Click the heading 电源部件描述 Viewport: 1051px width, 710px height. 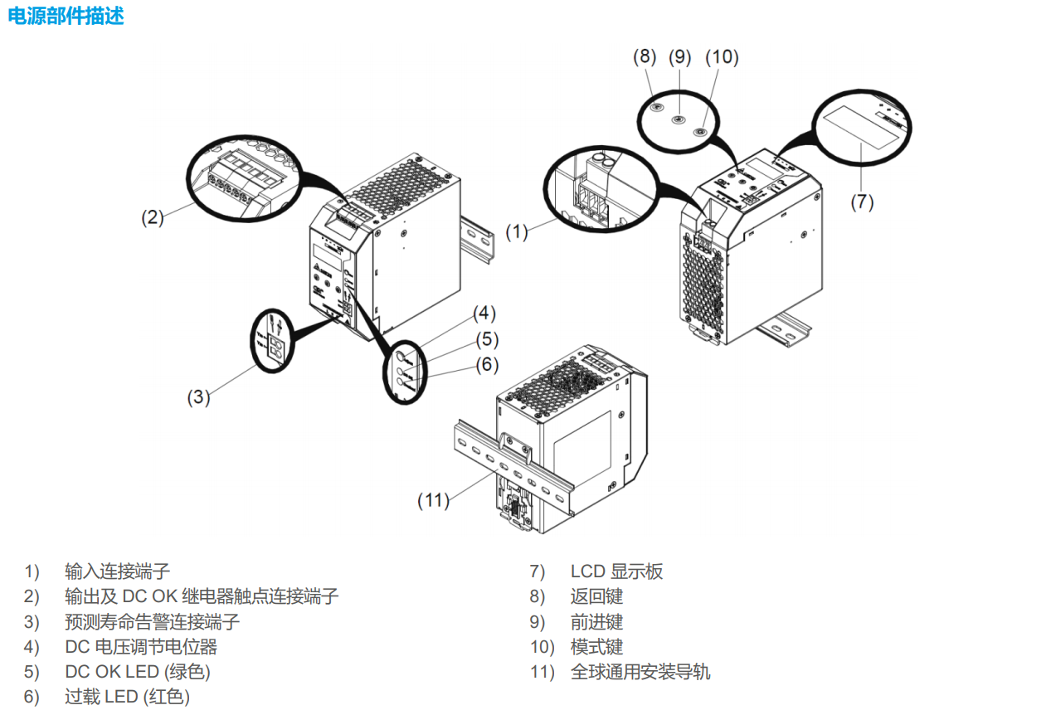pos(66,16)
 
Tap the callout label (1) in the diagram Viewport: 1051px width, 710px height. pos(517,232)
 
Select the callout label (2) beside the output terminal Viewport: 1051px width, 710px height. pos(152,217)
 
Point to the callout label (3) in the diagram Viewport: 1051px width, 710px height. pos(198,396)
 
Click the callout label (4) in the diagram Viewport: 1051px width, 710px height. pos(484,314)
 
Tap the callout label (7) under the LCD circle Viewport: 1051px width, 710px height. pos(862,202)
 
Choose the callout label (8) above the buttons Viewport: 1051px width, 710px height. pos(645,56)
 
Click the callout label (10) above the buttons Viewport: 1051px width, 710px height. pos(722,56)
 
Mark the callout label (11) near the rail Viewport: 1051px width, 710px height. pos(434,499)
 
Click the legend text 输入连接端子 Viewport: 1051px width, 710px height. pos(117,571)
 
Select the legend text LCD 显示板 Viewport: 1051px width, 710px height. pos(616,571)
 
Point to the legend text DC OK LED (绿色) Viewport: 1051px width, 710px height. pos(138,672)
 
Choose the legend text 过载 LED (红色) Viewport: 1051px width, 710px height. pos(127,697)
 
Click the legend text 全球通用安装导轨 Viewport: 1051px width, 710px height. pos(640,672)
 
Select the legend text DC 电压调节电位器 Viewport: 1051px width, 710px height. pos(141,646)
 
